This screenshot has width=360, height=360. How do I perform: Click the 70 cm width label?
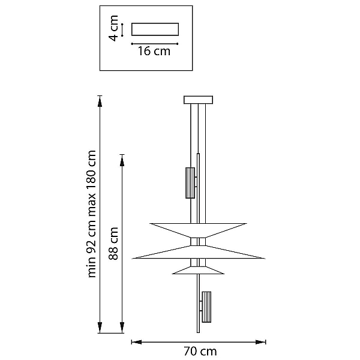(200, 351)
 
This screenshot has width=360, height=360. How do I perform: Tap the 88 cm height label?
(113, 244)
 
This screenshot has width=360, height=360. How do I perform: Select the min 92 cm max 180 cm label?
(92, 214)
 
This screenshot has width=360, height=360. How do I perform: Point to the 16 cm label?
(154, 51)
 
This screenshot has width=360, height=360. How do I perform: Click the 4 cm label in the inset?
(113, 28)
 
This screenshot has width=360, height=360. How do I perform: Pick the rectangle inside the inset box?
(155, 29)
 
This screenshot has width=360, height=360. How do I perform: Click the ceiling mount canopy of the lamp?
(198, 100)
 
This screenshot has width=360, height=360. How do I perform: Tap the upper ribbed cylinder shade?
(190, 183)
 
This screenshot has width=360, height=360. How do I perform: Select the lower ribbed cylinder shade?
(206, 307)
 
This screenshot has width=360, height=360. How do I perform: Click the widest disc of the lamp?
(199, 253)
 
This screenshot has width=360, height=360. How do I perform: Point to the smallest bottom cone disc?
(198, 270)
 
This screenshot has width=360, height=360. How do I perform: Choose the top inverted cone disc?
(198, 230)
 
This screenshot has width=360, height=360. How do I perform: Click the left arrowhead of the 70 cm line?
(137, 342)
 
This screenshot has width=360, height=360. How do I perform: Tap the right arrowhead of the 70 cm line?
(260, 342)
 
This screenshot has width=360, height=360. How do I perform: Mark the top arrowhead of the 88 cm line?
(122, 160)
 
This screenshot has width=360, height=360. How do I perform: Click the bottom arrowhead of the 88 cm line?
(122, 328)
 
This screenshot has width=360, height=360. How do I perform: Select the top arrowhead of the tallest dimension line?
(100, 101)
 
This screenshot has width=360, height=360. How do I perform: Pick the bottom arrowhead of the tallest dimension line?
(100, 328)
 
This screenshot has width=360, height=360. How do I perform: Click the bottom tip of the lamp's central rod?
(198, 332)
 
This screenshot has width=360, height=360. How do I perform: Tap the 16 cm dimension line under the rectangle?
(155, 44)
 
